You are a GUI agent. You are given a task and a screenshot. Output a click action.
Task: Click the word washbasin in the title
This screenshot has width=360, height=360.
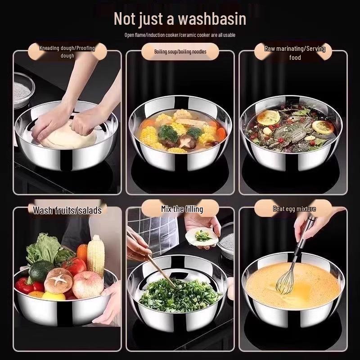212,19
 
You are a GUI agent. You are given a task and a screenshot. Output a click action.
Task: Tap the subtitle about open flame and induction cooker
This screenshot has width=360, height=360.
180,35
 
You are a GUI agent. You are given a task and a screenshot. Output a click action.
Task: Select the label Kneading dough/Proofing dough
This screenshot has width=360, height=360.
67,51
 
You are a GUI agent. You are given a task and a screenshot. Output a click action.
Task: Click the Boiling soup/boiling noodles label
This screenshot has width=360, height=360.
180,52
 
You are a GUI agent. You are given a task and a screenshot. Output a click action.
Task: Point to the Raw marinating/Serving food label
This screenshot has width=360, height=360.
295,53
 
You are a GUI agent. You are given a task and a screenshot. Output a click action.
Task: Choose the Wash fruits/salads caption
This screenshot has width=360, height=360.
67,210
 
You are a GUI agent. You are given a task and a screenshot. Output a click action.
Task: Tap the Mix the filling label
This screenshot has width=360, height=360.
182,209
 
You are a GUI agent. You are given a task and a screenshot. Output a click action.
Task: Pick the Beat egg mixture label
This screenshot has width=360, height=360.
294,209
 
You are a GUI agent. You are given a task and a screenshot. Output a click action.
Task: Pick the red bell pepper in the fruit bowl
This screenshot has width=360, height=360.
27,285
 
